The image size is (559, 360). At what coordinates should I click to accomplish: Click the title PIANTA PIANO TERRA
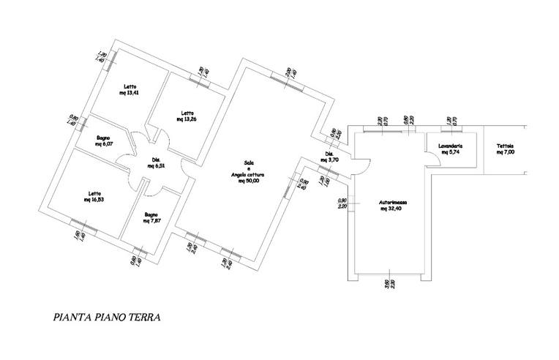pos(107,318)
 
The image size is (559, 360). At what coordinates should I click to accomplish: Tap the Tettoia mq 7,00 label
pos(505,149)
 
